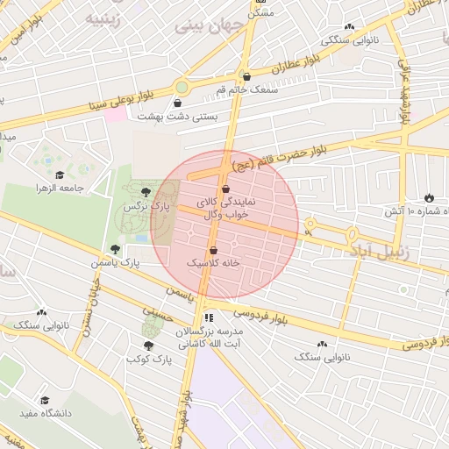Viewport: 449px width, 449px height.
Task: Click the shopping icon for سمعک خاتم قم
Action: (x=246, y=76)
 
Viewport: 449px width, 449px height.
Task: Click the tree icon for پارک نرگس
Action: (x=145, y=192)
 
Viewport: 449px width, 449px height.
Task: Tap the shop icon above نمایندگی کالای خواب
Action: (x=226, y=189)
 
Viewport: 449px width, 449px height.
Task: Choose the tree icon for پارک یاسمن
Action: (x=115, y=249)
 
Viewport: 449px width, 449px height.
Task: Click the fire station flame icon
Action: (x=429, y=197)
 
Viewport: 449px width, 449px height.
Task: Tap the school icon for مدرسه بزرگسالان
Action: (x=208, y=318)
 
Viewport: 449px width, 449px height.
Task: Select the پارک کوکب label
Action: (x=146, y=359)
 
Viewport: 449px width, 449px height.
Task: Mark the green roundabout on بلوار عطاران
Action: (x=182, y=87)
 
